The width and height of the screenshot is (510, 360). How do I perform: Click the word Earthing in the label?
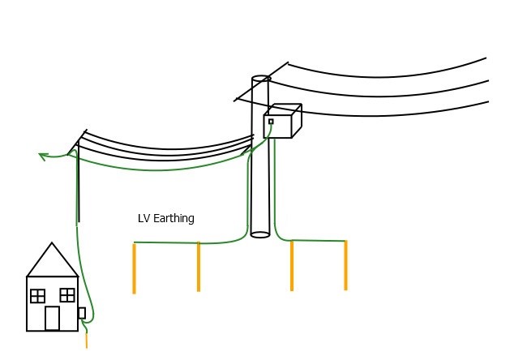click(174, 219)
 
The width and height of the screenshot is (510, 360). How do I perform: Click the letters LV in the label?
click(144, 218)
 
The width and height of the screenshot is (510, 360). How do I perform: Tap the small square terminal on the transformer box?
click(271, 122)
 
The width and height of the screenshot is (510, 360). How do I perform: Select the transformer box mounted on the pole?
click(282, 121)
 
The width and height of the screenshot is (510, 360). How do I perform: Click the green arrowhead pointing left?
click(43, 156)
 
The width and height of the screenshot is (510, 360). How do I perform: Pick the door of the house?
click(52, 318)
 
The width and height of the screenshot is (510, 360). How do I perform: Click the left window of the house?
click(38, 296)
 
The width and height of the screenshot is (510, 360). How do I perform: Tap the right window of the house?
click(67, 295)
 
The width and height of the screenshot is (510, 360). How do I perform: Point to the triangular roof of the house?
click(52, 260)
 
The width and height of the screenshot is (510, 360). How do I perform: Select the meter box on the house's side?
click(82, 313)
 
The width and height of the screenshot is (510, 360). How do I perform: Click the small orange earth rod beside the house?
click(87, 341)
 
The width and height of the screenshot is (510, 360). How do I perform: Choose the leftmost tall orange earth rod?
click(134, 268)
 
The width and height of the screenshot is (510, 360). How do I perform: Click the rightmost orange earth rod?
click(345, 265)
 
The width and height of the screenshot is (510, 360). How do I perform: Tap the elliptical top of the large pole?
click(260, 79)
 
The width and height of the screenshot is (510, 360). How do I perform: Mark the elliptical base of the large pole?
click(260, 234)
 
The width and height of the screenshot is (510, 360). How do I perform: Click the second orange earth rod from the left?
click(199, 267)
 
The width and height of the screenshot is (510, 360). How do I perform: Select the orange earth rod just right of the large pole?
click(292, 266)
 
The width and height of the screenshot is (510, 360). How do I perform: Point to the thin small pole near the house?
click(79, 182)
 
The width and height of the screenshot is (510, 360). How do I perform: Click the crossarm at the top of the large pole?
click(261, 81)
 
